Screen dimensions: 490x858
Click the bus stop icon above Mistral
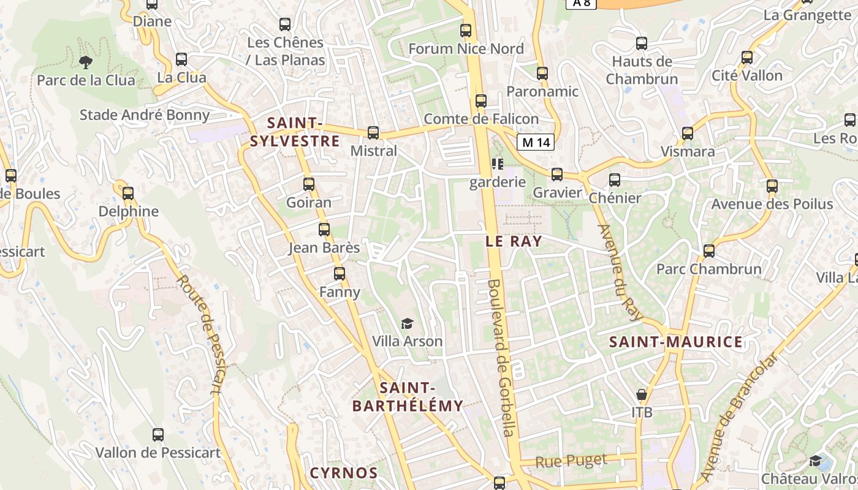click(x=373, y=133)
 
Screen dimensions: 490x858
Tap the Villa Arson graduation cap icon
click(x=407, y=323)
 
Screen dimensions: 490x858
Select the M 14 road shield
click(x=536, y=143)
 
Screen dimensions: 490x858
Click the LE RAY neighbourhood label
click(x=514, y=241)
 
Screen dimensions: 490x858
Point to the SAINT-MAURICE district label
click(x=676, y=342)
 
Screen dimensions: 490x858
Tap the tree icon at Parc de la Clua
click(x=86, y=62)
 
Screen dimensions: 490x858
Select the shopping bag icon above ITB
click(x=642, y=394)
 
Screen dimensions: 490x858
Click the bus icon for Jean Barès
click(x=324, y=230)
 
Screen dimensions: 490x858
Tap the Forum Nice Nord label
click(x=466, y=49)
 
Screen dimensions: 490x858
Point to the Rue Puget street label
click(x=571, y=461)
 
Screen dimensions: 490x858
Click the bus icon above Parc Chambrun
click(x=709, y=251)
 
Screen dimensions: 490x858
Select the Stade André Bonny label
click(x=145, y=115)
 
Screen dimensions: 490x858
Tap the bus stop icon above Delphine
click(x=128, y=194)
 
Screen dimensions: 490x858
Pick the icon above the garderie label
click(x=497, y=164)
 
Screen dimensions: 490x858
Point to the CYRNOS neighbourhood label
click(x=343, y=473)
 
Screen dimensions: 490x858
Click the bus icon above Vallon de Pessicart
click(x=158, y=435)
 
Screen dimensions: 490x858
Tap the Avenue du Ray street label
click(x=618, y=272)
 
